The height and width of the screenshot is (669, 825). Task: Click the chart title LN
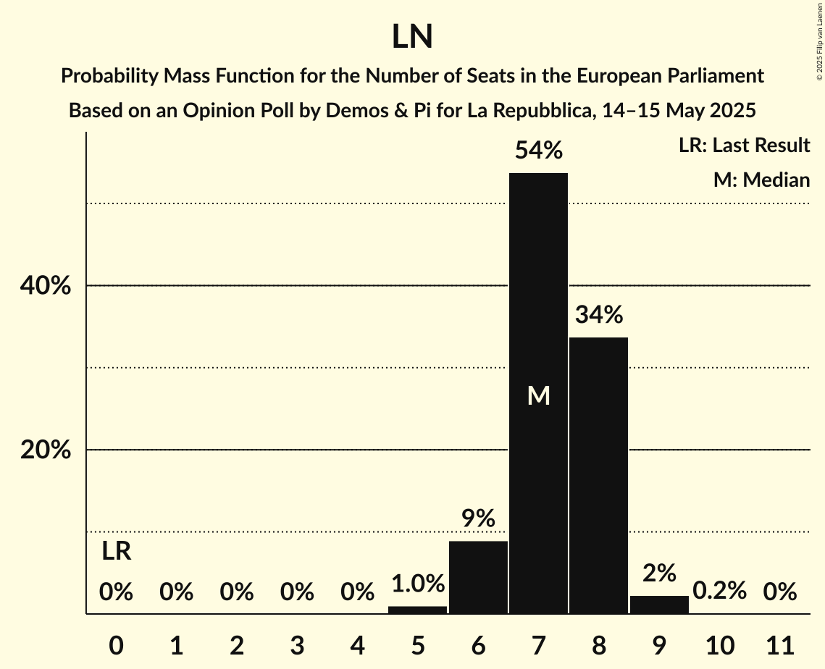coord(412,37)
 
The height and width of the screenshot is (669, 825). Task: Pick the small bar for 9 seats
coord(659,605)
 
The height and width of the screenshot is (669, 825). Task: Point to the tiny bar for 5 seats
coord(417,610)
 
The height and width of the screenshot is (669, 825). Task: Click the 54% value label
coord(538,151)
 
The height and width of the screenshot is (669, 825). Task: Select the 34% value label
coord(598,315)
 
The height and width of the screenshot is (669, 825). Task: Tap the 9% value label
coord(478,518)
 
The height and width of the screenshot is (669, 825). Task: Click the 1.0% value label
coord(417,584)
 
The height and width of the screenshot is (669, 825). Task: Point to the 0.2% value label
coord(719,591)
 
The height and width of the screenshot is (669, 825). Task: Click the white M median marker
coord(538,395)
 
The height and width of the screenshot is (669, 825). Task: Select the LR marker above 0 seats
coord(116,552)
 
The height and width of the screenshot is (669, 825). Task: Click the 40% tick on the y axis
coord(45,286)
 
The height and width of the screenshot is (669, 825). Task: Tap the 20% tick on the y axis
coord(45,450)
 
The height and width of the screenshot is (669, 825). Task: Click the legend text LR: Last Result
coord(744,146)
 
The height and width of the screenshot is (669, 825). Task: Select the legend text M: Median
coord(761,180)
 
